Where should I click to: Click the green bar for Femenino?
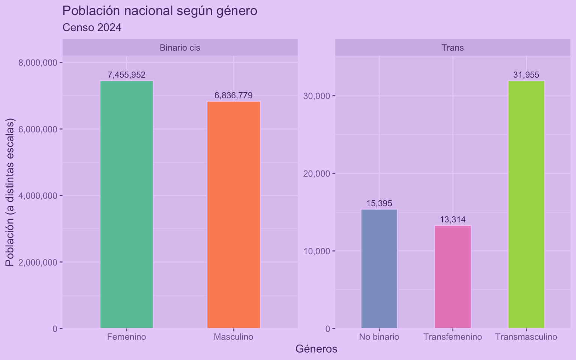pos(126,204)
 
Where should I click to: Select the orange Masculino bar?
pos(233,214)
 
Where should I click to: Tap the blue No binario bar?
pos(379,268)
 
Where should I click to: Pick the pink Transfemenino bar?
pos(452,277)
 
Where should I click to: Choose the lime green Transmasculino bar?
pos(526,204)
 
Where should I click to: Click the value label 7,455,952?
pos(126,75)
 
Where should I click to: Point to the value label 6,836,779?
pos(233,96)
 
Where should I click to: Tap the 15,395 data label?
pos(379,204)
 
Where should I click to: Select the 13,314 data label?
pos(453,220)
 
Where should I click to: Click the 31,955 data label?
pos(526,75)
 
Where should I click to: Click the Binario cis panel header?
pos(180,48)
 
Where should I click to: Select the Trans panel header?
pos(453,48)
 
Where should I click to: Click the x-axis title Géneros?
pos(316,349)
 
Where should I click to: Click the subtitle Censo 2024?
pos(92,28)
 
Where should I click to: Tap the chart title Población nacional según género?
pos(160,11)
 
